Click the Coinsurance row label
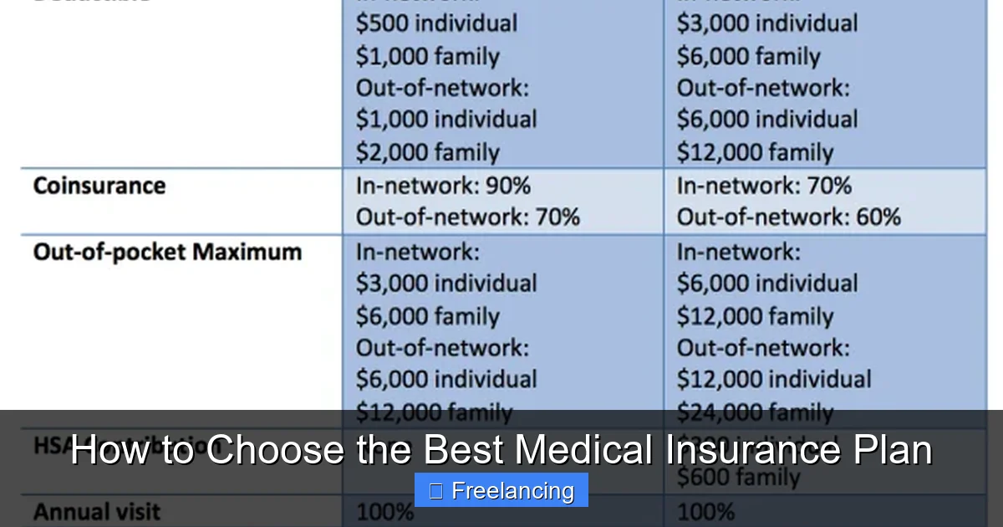coord(99,186)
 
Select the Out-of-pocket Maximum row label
coord(167,252)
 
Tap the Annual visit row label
coord(96,511)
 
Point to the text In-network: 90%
coord(443,186)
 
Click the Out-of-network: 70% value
coord(467,217)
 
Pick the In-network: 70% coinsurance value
coord(764,186)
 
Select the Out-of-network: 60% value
coord(788,217)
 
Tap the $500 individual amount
coord(436,23)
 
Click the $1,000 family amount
coord(427,56)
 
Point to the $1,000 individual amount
coord(446,120)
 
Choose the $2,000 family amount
coord(427,152)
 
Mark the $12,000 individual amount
coord(773,379)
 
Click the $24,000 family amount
coord(755,412)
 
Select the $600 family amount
coord(738,478)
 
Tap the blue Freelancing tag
coord(501,490)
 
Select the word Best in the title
coord(461,450)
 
